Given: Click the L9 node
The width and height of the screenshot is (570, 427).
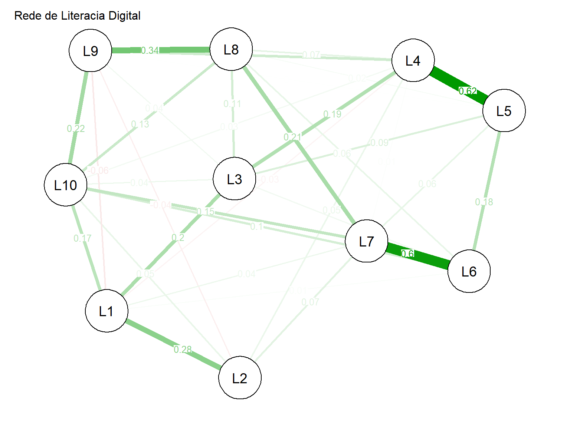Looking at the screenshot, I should click(x=91, y=50).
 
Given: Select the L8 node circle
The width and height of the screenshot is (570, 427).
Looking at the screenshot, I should click(x=231, y=49).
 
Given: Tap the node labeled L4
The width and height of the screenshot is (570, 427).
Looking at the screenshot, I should click(x=413, y=60).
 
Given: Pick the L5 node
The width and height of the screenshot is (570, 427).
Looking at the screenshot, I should click(x=504, y=110).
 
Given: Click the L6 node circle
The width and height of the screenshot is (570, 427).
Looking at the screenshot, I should click(x=469, y=271).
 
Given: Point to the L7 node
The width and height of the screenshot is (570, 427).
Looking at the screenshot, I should click(x=367, y=241).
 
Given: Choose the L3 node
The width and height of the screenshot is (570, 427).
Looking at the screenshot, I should click(x=235, y=179).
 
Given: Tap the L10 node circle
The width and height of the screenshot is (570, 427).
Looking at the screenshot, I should click(x=66, y=185).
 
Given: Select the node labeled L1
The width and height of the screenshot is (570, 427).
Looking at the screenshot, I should click(x=107, y=311).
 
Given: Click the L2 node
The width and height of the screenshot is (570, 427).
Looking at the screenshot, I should click(x=240, y=378).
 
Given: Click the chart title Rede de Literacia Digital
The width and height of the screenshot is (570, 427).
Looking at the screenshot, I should click(x=77, y=16).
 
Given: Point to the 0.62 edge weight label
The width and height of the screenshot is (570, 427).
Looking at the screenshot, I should click(x=468, y=91).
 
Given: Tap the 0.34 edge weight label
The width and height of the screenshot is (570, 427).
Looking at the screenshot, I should click(x=150, y=50).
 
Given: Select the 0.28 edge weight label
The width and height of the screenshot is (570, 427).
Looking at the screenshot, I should click(x=183, y=349).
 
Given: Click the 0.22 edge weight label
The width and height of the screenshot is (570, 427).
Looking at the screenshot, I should click(x=76, y=129).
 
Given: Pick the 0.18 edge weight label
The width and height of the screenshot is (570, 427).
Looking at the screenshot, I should click(x=484, y=202).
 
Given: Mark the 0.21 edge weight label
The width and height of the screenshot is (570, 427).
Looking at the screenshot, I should click(x=292, y=137).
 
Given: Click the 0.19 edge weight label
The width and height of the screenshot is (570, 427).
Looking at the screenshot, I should click(x=332, y=114).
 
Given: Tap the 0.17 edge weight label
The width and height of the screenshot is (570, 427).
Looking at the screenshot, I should click(x=82, y=238).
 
